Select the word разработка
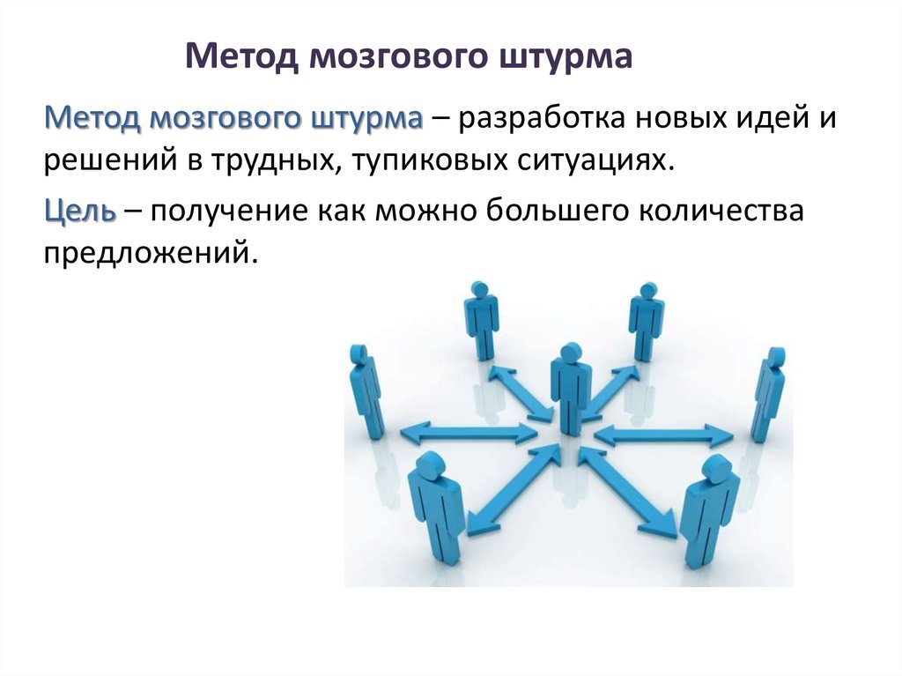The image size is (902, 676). click(x=546, y=118)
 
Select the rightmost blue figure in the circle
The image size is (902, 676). click(x=768, y=392)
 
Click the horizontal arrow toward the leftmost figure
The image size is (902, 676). click(x=468, y=432)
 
